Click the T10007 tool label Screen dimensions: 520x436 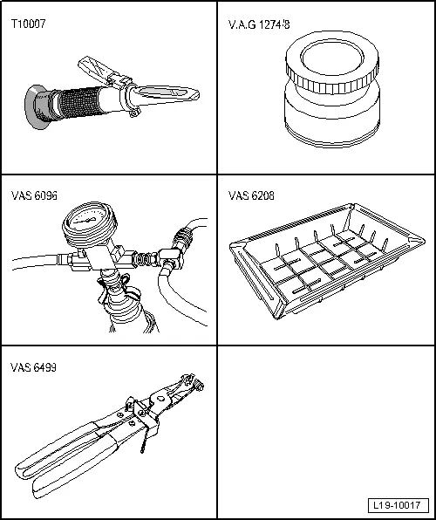[28, 24]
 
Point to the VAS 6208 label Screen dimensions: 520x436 [250, 195]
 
